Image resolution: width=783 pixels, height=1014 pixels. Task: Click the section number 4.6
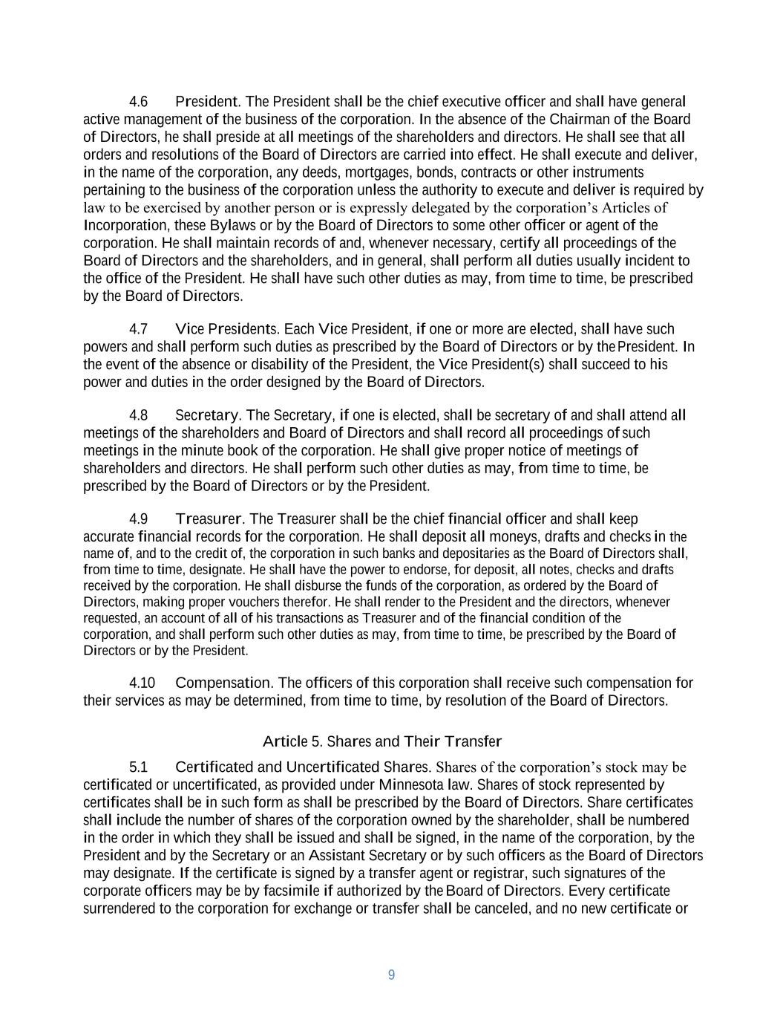click(138, 102)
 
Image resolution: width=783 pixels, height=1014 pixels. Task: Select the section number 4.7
click(138, 329)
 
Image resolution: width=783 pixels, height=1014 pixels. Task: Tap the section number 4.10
click(142, 683)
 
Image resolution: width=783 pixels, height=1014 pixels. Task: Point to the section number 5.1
click(138, 767)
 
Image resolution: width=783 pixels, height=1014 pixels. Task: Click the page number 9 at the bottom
click(391, 975)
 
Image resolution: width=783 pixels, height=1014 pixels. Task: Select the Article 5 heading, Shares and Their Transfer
click(382, 741)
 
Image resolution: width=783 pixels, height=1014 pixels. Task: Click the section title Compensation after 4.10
click(223, 683)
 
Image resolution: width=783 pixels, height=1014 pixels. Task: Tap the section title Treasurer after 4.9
click(208, 519)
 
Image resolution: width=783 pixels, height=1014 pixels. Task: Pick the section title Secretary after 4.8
click(206, 415)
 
